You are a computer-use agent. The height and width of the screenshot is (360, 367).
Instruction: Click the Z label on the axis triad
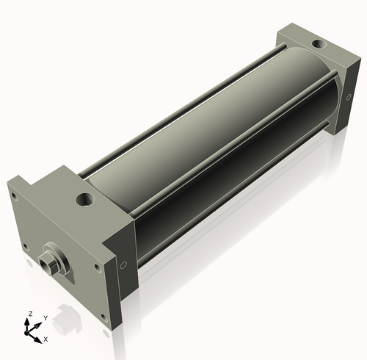(29, 314)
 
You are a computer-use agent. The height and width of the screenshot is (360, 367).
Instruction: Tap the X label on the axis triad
(46, 339)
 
